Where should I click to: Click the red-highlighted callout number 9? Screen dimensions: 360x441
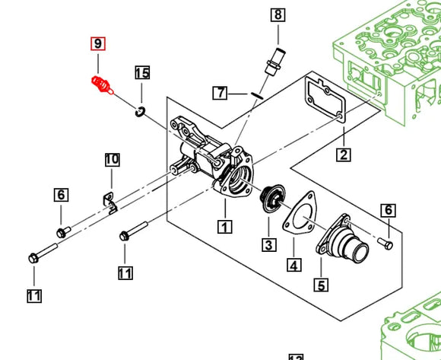pos(97,44)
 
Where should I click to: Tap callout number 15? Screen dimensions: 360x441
pos(142,73)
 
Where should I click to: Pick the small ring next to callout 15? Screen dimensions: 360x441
pos(140,113)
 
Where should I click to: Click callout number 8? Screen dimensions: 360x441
pos(277,14)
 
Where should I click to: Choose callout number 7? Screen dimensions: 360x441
pos(220,93)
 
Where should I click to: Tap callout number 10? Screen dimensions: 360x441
pos(112,159)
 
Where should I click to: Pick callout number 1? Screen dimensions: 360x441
pos(224,225)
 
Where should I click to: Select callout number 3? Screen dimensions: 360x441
pos(268,244)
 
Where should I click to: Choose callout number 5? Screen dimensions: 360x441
pos(322,285)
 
